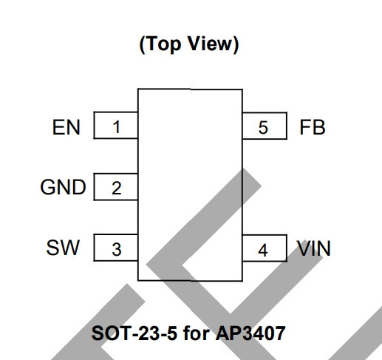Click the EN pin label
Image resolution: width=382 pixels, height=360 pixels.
66,127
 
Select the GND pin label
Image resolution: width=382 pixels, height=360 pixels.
63,187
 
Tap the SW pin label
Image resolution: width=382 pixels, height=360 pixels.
63,248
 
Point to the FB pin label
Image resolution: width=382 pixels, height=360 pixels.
313,127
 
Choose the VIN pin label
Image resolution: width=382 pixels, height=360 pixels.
313,248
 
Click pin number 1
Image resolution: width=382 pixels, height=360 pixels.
117,127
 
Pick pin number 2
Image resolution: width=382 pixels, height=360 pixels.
117,189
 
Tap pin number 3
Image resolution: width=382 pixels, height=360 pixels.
117,249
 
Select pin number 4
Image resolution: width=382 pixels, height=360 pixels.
263,251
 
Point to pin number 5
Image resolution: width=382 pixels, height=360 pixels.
263,128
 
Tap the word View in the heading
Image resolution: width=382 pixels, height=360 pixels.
210,44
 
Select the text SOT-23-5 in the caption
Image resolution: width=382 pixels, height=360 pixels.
134,333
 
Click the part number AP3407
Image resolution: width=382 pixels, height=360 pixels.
250,333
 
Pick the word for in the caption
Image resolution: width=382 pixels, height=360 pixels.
197,333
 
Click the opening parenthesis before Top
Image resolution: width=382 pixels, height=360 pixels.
143,44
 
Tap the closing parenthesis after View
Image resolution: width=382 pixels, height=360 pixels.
236,44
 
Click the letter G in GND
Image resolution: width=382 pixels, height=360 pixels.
47,187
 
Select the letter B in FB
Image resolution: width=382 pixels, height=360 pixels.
319,127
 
